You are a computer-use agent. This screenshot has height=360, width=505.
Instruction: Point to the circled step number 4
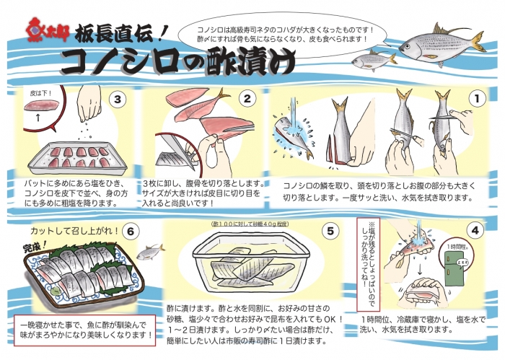point(475,232)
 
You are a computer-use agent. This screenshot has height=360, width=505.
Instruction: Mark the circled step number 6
point(130,232)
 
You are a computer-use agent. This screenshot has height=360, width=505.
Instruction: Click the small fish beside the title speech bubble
point(375,57)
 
